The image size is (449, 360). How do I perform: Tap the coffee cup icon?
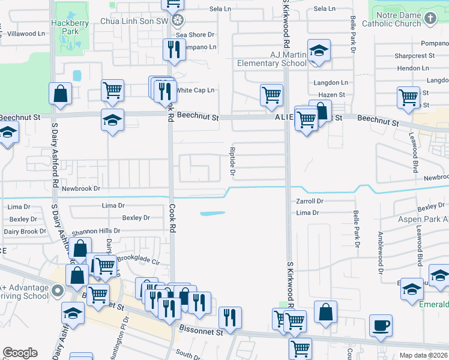point(381,326)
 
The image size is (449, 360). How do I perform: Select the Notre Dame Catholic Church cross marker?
point(430,19)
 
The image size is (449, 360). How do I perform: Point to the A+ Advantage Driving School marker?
point(57,292)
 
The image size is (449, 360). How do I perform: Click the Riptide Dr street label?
point(232,161)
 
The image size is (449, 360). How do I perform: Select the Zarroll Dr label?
point(310,202)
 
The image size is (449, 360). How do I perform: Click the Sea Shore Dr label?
point(195,35)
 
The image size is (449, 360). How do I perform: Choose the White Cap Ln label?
point(195,90)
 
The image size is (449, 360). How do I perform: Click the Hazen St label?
point(331,95)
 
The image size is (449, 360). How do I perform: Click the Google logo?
point(20,353)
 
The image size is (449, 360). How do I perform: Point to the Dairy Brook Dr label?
point(25,231)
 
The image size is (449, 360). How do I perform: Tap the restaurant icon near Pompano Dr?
point(175,50)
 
